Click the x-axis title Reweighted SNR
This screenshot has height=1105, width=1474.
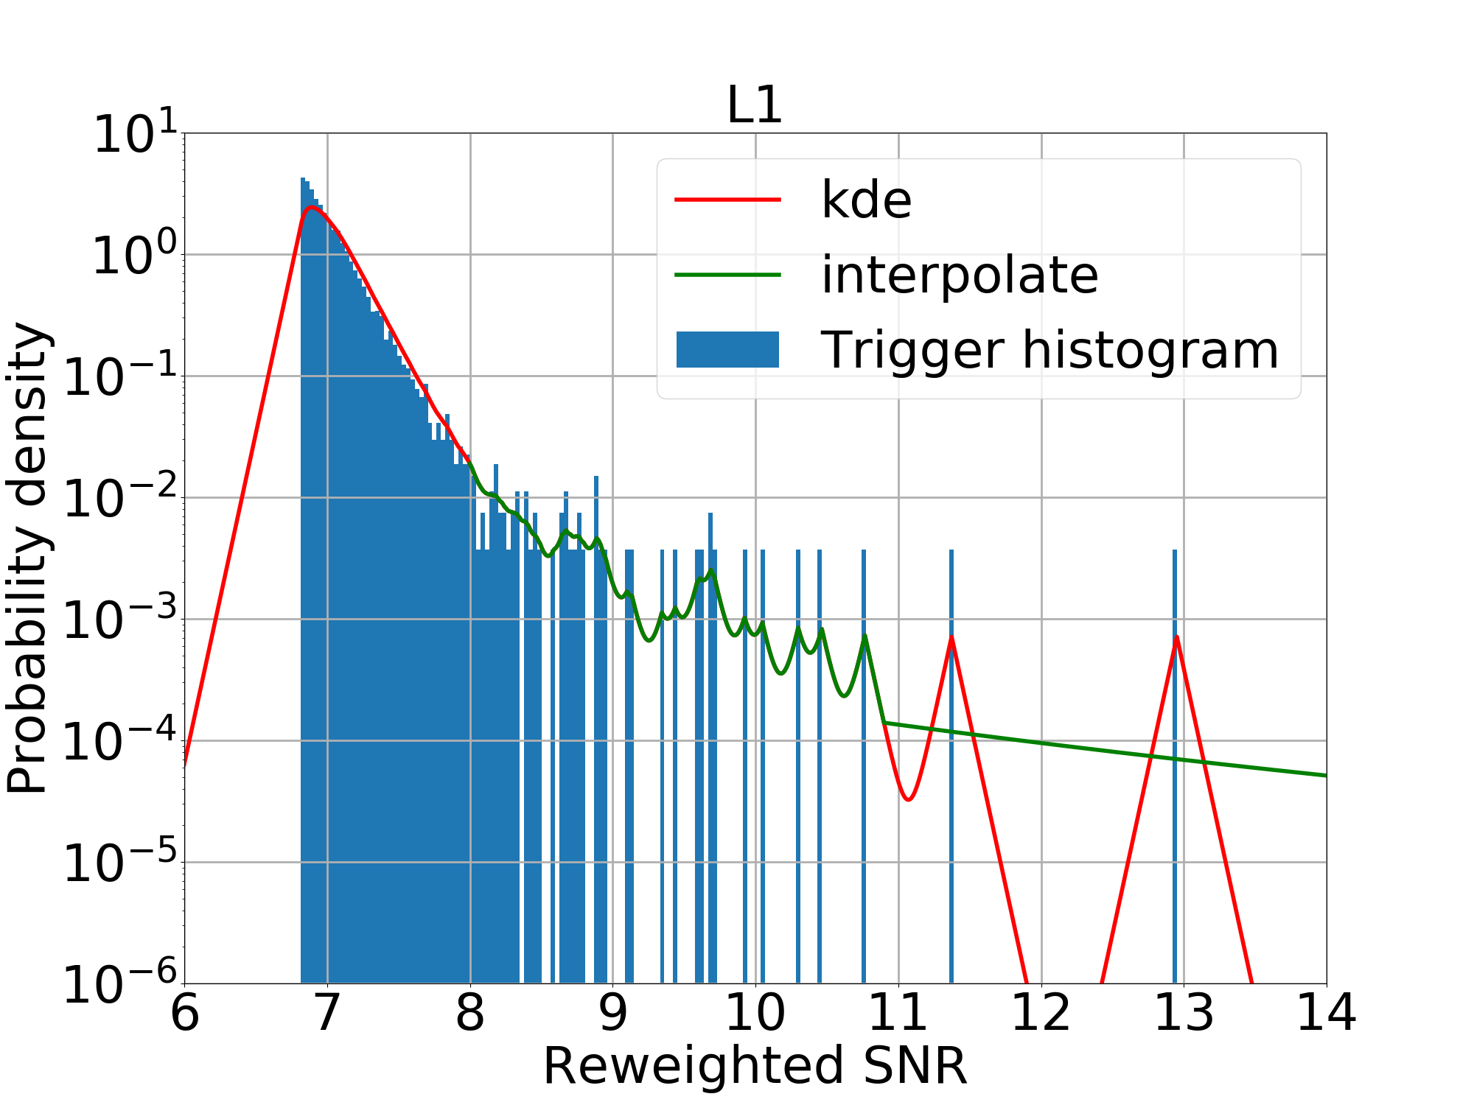click(x=755, y=1066)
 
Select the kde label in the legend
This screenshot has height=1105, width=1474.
click(x=866, y=200)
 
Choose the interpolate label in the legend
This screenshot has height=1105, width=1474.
click(x=960, y=275)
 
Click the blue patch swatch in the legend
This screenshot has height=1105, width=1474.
click(x=727, y=349)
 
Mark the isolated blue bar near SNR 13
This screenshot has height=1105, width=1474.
click(x=1175, y=766)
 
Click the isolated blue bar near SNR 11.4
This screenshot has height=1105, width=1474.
click(x=951, y=766)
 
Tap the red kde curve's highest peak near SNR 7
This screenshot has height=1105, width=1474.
click(x=312, y=208)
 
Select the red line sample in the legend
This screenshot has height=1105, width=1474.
click(x=727, y=200)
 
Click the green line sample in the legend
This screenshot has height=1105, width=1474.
click(x=727, y=275)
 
